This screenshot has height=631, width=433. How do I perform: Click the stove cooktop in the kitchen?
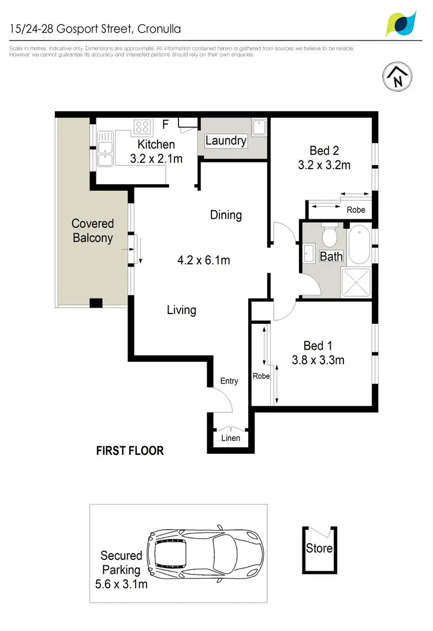pos(142,126)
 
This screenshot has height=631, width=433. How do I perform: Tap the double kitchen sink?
pos(104,148)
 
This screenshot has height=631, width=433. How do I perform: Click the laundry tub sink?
pos(259,126)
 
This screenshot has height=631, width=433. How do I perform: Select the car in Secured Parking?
pos(205,550)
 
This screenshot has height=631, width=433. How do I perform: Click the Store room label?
pos(319,547)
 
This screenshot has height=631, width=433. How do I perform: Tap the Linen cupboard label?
pos(230,439)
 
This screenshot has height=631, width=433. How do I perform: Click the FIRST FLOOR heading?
pos(130,450)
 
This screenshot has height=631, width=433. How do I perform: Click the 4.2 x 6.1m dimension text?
pos(203,260)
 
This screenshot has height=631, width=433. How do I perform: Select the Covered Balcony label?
pos(92,230)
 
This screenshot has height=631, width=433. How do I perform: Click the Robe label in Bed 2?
pos(356,210)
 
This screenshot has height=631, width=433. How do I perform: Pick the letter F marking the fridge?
pos(166,124)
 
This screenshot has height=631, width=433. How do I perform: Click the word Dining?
pos(226,215)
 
